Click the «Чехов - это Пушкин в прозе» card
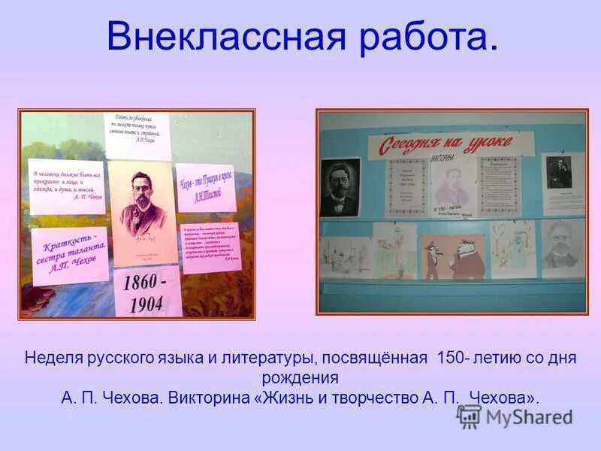pyautogui.click(x=205, y=187)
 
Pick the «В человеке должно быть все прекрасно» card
pyautogui.click(x=66, y=186)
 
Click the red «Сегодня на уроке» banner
pyautogui.click(x=449, y=142)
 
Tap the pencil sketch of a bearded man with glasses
pyautogui.click(x=562, y=247)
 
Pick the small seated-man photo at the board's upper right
pyautogui.click(x=561, y=181)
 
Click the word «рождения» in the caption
pyautogui.click(x=300, y=377)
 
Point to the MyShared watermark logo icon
pyautogui.click(x=470, y=416)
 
